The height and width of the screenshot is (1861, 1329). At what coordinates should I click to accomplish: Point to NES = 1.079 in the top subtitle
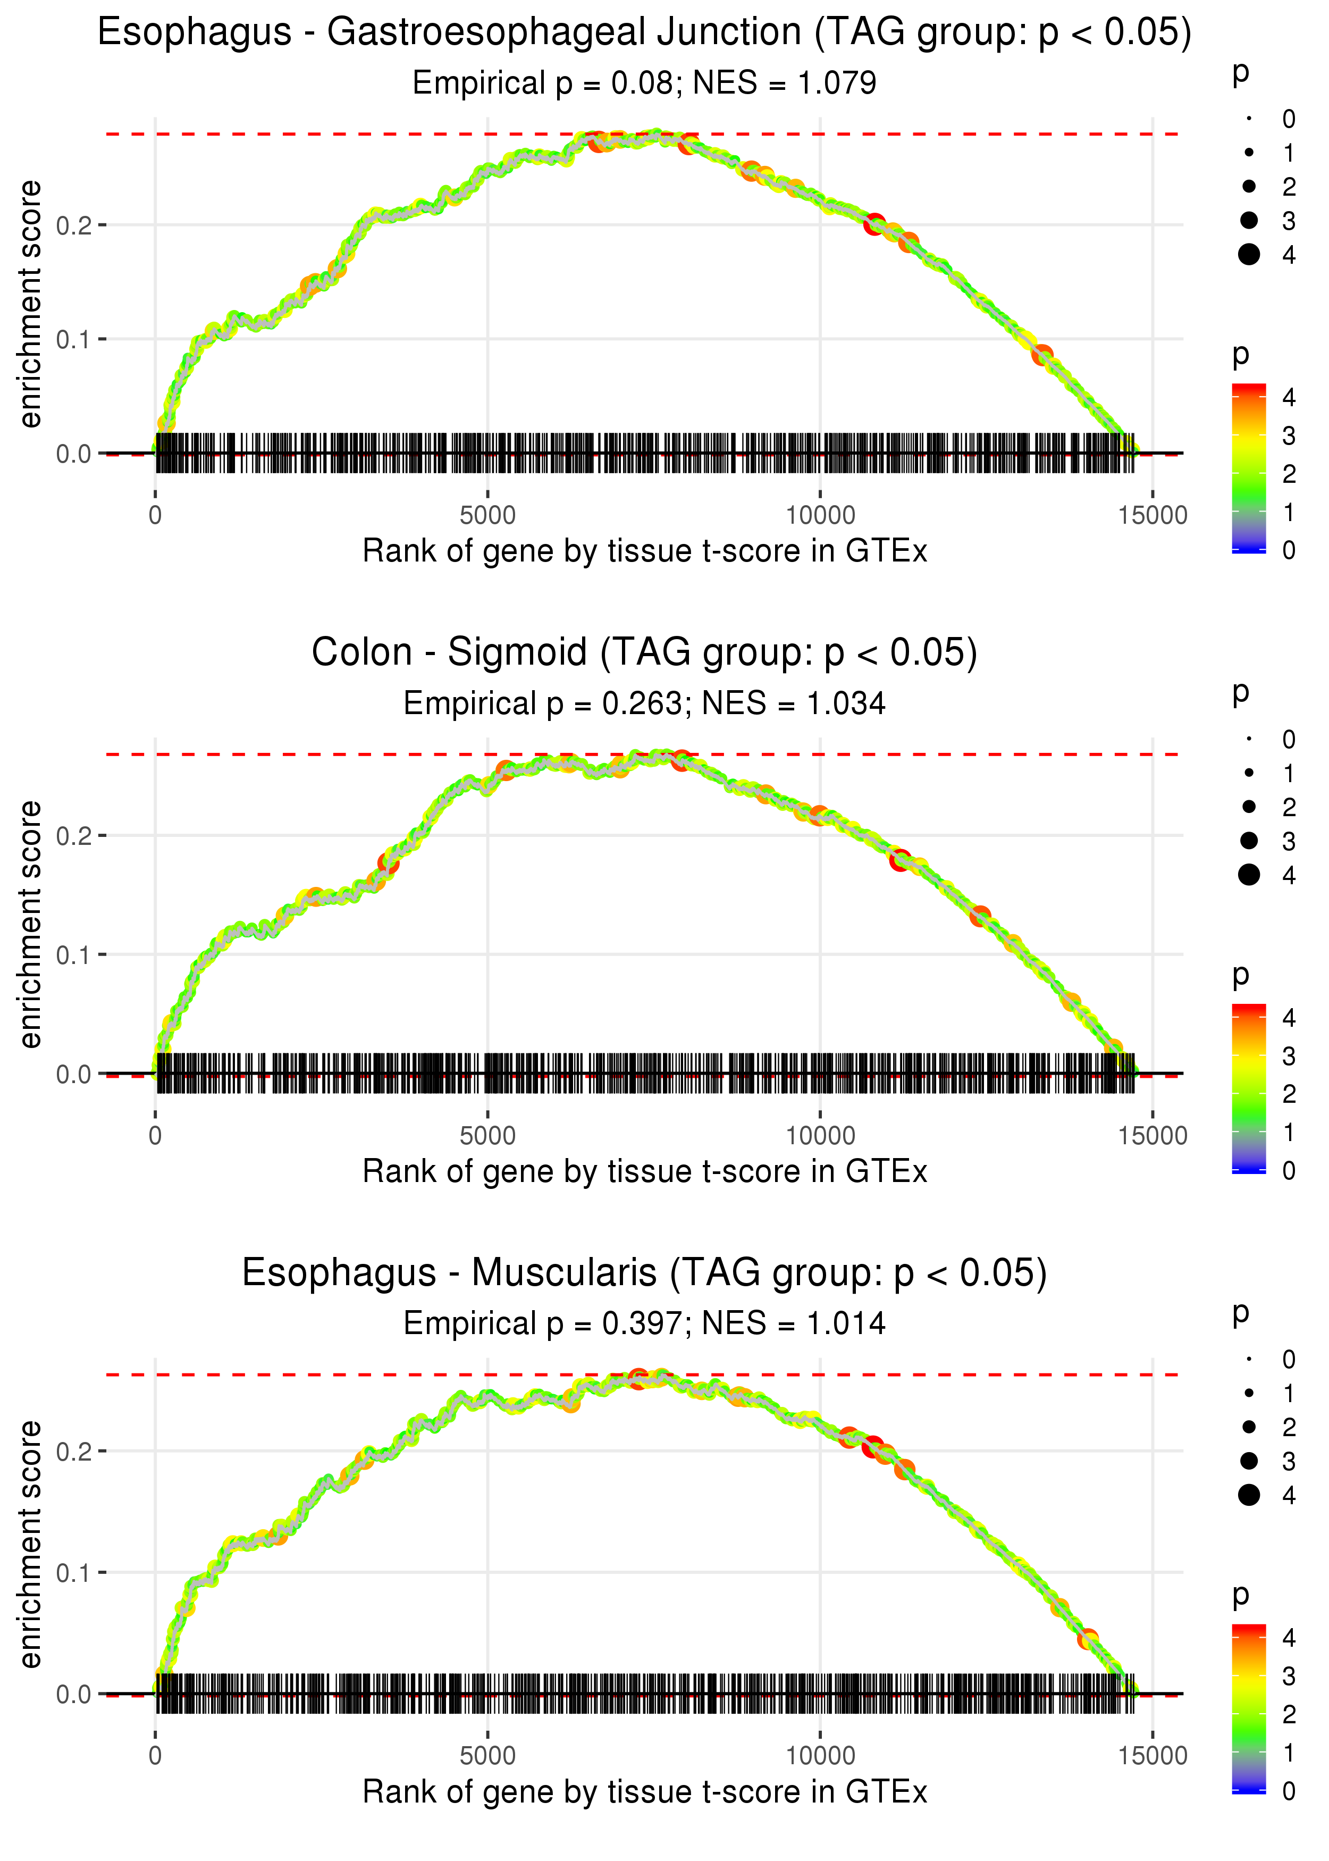coord(785,82)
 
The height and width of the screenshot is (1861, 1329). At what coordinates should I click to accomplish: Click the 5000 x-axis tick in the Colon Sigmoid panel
coord(487,1135)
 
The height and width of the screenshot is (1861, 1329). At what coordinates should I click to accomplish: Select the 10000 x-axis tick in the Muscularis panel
coord(820,1755)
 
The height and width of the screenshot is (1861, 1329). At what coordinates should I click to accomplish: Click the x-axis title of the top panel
coord(645,551)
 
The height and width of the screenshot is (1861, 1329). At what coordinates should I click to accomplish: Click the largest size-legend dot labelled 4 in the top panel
coord(1249,255)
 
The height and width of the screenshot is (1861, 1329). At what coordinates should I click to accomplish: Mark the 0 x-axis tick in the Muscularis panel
coord(155,1755)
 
